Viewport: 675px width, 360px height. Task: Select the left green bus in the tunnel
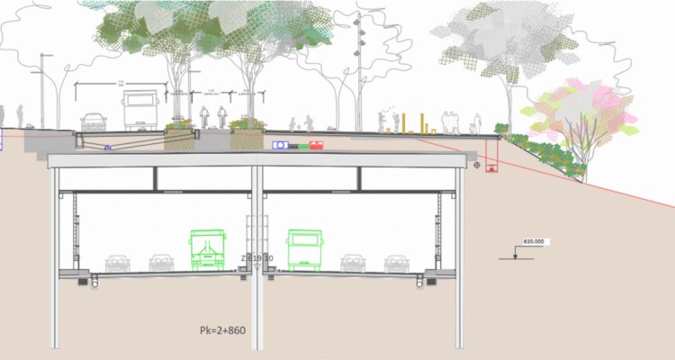tap(207, 249)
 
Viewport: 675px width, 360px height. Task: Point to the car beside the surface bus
tap(94, 122)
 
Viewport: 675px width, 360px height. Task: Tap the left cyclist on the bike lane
tap(203, 118)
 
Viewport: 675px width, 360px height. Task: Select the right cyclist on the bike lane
tap(222, 118)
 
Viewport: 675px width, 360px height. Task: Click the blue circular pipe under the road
tap(108, 148)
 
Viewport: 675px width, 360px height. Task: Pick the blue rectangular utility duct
tap(280, 145)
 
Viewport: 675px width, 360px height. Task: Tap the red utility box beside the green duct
tap(316, 145)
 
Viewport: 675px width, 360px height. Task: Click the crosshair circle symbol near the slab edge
tap(475, 165)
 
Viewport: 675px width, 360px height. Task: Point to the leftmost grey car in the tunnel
tap(117, 263)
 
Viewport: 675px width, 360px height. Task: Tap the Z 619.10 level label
tap(257, 257)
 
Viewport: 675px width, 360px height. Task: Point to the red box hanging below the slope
tap(490, 167)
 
